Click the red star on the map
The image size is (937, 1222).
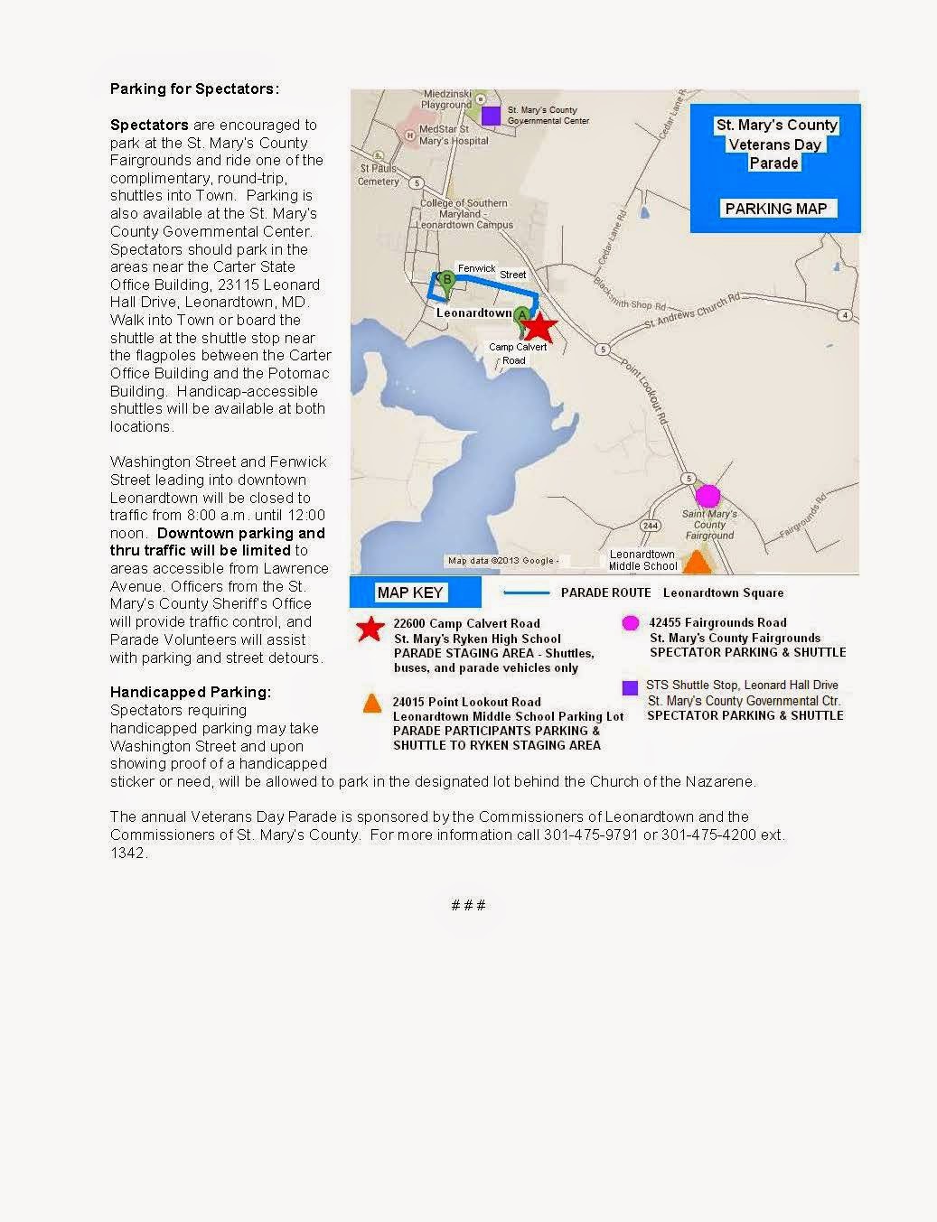(539, 328)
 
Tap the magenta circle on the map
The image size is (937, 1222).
(707, 496)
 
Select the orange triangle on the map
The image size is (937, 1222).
(696, 563)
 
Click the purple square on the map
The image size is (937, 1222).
(491, 116)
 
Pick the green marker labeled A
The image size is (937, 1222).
(521, 317)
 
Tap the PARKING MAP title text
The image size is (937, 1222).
(775, 209)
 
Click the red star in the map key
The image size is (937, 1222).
(370, 629)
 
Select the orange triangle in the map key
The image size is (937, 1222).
(372, 704)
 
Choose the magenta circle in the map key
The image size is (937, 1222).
(631, 622)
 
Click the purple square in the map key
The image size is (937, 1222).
(631, 688)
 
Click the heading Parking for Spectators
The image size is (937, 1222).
(194, 89)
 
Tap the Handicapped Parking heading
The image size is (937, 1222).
(191, 692)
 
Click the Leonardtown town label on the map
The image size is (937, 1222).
(473, 312)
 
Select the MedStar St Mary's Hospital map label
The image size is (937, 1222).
(441, 135)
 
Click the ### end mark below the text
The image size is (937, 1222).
(468, 905)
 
